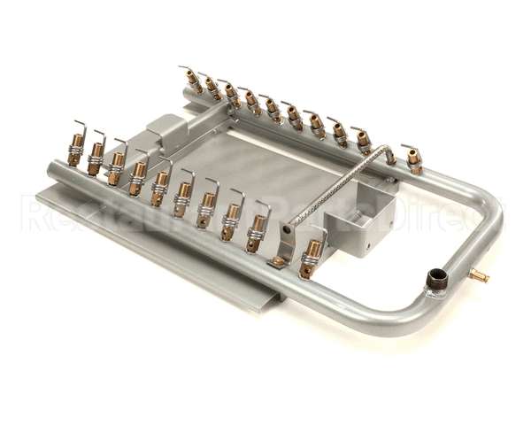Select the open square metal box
pyautogui.click(x=358, y=223)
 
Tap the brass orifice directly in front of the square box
pyautogui.click(x=311, y=258)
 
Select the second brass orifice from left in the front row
pyautogui.click(x=96, y=157)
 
